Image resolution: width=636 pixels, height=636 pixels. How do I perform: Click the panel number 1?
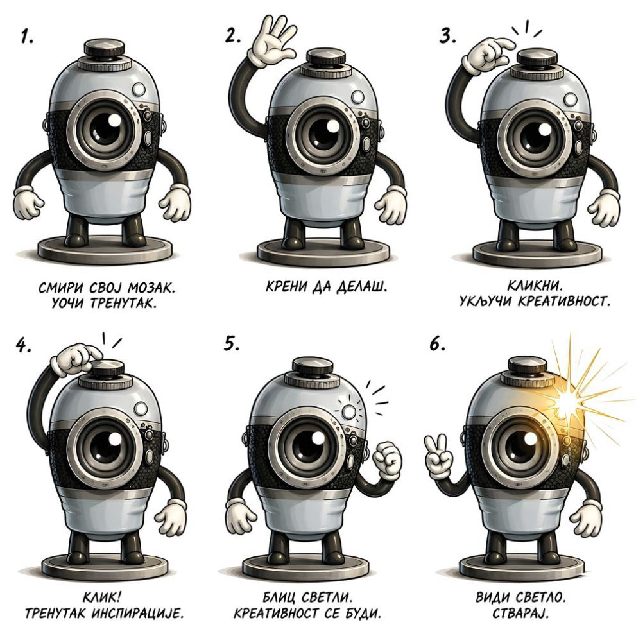click(x=27, y=37)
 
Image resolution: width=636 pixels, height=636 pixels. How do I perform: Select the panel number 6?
click(x=437, y=345)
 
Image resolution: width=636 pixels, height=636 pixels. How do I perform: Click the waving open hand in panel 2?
click(x=272, y=41)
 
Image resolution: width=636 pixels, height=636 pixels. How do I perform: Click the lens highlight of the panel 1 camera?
click(x=116, y=120)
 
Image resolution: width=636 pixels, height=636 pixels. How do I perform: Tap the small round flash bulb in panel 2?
click(x=358, y=97)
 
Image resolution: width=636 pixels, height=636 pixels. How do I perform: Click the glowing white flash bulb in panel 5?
click(x=349, y=412)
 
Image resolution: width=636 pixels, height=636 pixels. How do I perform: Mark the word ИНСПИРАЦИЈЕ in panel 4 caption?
click(x=137, y=613)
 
